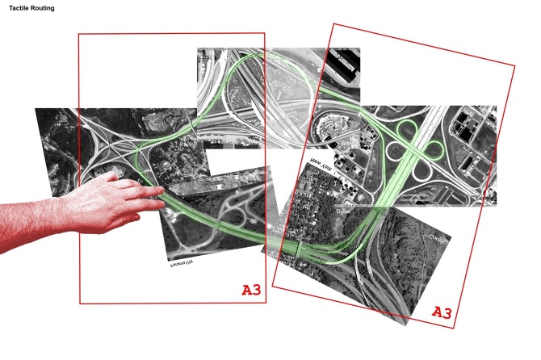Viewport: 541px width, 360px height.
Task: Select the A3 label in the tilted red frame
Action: (442, 312)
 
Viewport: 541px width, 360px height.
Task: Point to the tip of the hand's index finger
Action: (164, 190)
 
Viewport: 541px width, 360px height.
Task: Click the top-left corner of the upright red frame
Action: (78, 35)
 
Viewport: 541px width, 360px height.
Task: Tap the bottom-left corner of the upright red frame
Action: (80, 303)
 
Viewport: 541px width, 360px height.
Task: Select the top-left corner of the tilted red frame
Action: (333, 23)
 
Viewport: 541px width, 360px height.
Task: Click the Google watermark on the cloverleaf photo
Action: (485, 198)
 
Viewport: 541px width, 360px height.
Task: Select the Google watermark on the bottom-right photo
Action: (437, 238)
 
